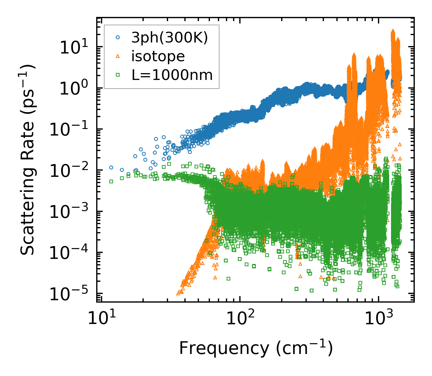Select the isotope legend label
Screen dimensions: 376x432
(x=158, y=56)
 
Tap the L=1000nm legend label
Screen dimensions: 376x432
(x=172, y=75)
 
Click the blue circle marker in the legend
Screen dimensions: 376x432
(x=118, y=37)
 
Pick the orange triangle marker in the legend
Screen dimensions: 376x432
(x=118, y=56)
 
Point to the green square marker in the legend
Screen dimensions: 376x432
(x=118, y=75)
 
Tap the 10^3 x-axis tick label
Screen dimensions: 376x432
(x=378, y=319)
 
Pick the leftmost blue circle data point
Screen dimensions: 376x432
(x=111, y=167)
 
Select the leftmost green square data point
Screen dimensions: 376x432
(x=111, y=181)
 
